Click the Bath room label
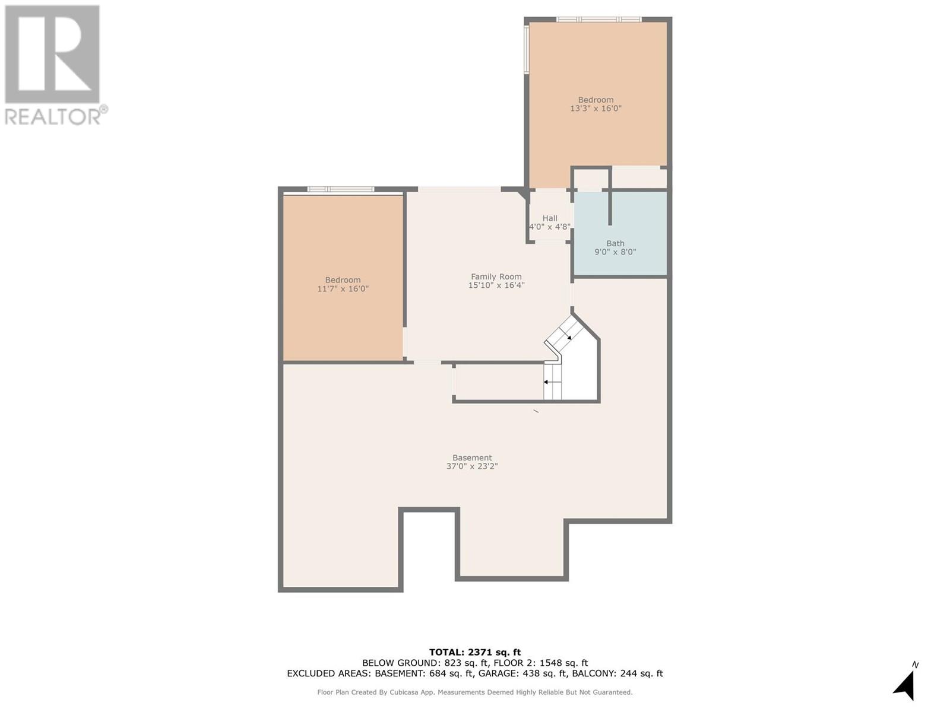[615, 243]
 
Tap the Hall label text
[550, 218]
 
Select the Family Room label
[496, 276]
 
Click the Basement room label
[472, 457]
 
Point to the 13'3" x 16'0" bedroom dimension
[596, 109]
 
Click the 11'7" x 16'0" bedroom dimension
[343, 289]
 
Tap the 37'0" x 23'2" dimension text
[472, 466]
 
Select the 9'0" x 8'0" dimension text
[615, 252]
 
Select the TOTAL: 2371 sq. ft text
[475, 652]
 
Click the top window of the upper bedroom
[598, 20]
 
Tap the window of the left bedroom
[340, 189]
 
